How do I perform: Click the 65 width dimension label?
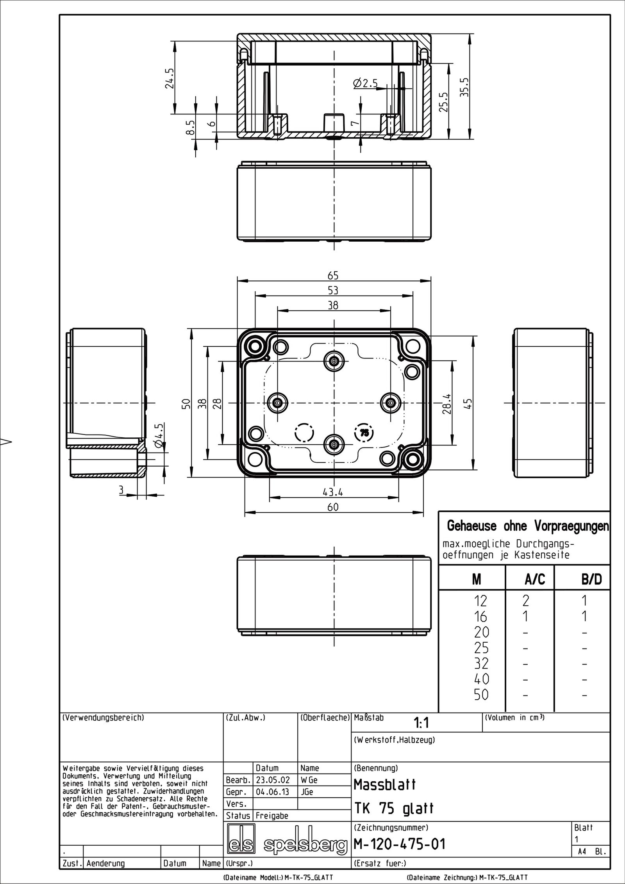[x=333, y=276]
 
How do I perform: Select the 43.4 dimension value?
[x=333, y=492]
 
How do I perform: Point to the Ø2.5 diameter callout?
[x=365, y=84]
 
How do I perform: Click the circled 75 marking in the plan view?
[x=364, y=432]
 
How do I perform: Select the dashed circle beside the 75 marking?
[x=304, y=432]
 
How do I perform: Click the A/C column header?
[x=534, y=580]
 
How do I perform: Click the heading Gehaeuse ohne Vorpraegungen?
[x=527, y=526]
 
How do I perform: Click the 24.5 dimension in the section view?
[x=169, y=78]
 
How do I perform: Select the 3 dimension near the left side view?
[x=121, y=490]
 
